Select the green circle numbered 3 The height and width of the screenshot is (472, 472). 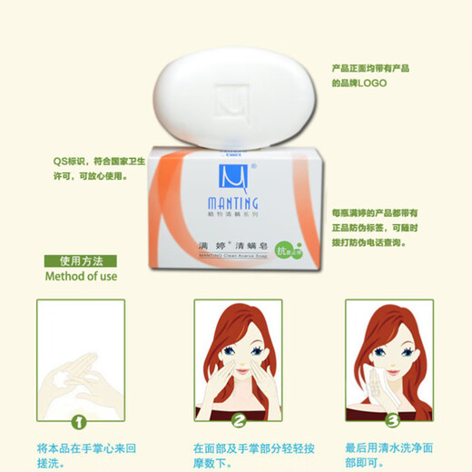pyautogui.click(x=390, y=420)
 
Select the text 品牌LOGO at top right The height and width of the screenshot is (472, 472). pyautogui.click(x=362, y=83)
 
